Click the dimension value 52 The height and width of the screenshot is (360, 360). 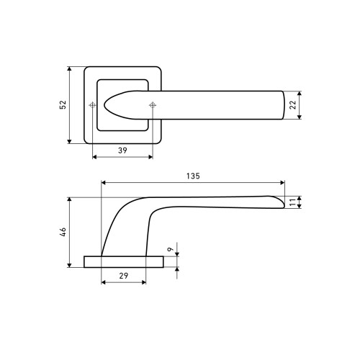click(x=63, y=104)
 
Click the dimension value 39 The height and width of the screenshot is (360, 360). click(x=122, y=150)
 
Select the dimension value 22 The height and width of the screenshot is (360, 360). click(x=293, y=105)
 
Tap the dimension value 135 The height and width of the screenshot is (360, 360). click(x=193, y=176)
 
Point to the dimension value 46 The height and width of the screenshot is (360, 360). click(x=63, y=232)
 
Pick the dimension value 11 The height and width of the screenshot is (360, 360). click(x=293, y=202)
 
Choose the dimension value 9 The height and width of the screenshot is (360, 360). click(x=170, y=249)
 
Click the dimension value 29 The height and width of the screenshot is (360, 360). click(x=124, y=276)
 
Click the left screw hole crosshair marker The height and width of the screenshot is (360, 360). click(x=92, y=105)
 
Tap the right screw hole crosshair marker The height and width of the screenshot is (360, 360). click(x=153, y=105)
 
